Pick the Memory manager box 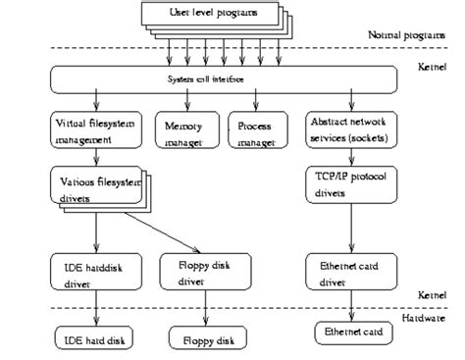pyautogui.click(x=186, y=131)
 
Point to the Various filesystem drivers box pyautogui.click(x=94, y=184)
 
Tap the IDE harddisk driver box pyautogui.click(x=95, y=273)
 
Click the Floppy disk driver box pyautogui.click(x=204, y=273)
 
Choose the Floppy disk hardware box pyautogui.click(x=204, y=340)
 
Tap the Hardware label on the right pyautogui.click(x=429, y=319)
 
